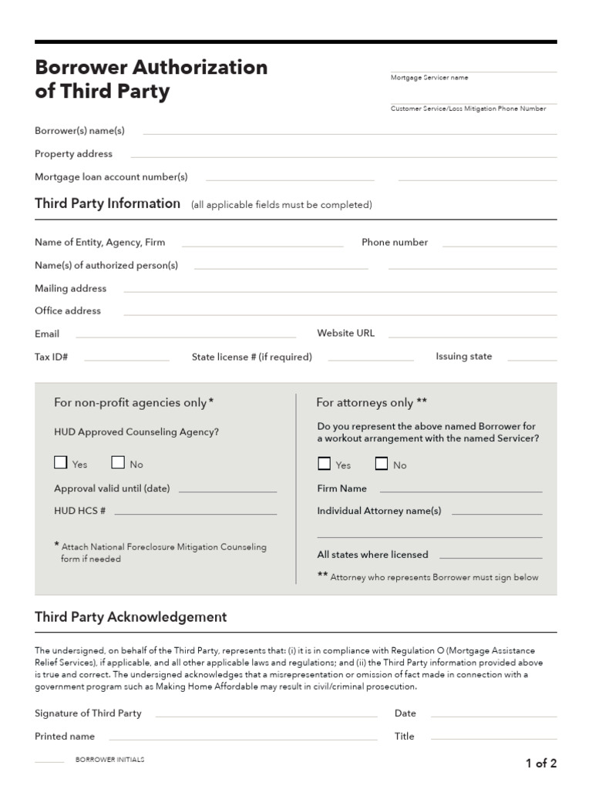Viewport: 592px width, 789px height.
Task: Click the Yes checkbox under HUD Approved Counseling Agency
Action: click(x=60, y=463)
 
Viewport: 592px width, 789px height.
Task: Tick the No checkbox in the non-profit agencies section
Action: click(x=118, y=463)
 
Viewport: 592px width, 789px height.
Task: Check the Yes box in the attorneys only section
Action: click(x=324, y=464)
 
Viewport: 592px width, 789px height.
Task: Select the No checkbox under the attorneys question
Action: click(x=382, y=464)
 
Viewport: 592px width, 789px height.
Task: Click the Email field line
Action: click(x=186, y=337)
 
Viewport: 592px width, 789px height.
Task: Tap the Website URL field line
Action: click(x=472, y=337)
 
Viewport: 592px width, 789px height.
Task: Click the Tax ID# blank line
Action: click(x=126, y=360)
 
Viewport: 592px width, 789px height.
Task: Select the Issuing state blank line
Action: click(x=532, y=360)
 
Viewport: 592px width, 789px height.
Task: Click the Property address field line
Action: click(x=342, y=157)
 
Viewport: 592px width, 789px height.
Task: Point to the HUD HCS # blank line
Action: click(x=195, y=513)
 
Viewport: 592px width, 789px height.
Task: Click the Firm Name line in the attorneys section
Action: click(x=461, y=491)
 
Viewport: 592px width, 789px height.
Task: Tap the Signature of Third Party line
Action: click(x=266, y=717)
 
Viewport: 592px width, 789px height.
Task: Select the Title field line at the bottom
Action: click(x=493, y=740)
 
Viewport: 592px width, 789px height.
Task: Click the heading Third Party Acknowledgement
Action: click(x=131, y=617)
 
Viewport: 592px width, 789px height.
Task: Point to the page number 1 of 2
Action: click(x=541, y=764)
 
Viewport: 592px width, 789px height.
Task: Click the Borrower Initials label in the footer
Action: click(x=109, y=760)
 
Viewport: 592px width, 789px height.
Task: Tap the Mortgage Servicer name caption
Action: click(x=429, y=78)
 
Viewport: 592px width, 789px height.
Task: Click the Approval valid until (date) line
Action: click(x=227, y=491)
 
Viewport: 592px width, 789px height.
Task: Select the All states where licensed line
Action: click(x=491, y=557)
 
